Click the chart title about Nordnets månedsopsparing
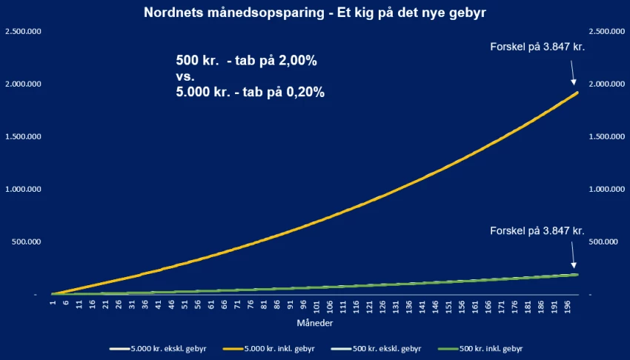pos(314,13)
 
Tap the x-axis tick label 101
pos(316,307)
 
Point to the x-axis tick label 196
pos(566,307)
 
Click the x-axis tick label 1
pos(53,304)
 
